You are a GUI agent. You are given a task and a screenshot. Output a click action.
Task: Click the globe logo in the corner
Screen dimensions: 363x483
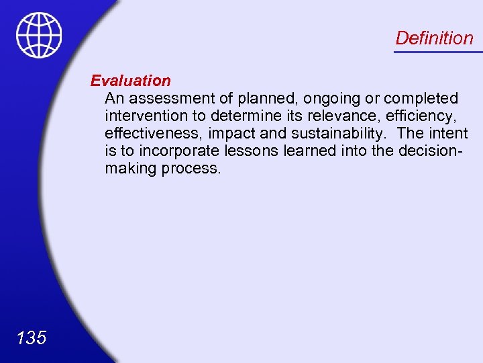click(39, 35)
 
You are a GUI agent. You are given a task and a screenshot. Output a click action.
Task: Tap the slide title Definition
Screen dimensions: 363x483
click(434, 38)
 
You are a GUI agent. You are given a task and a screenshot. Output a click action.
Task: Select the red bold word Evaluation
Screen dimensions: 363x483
click(131, 81)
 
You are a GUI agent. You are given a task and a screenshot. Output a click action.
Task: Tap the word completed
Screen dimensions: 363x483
click(421, 98)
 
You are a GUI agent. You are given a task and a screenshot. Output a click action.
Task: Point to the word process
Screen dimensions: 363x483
click(191, 168)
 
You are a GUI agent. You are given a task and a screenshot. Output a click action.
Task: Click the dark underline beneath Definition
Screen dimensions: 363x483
click(437, 52)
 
